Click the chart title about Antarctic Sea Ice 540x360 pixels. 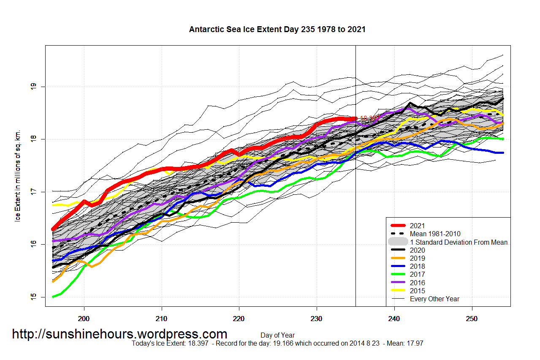tap(277, 30)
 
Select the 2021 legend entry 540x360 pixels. tap(417, 226)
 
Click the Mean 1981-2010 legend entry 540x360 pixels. tap(435, 234)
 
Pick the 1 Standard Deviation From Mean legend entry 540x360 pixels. tap(459, 242)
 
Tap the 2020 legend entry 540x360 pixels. tap(417, 250)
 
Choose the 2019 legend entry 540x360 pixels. tap(417, 258)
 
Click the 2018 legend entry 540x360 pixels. tap(417, 266)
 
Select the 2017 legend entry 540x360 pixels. tap(417, 274)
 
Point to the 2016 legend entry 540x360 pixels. tap(417, 283)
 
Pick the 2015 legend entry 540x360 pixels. tap(417, 291)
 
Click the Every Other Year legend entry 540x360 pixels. tap(434, 299)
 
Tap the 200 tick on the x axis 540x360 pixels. tap(84, 318)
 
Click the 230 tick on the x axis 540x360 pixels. tap(317, 318)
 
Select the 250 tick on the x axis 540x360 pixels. tap(472, 318)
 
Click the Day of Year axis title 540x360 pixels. tap(277, 335)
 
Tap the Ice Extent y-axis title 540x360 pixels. tap(18, 176)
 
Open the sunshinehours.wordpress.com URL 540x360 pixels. tap(119, 334)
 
